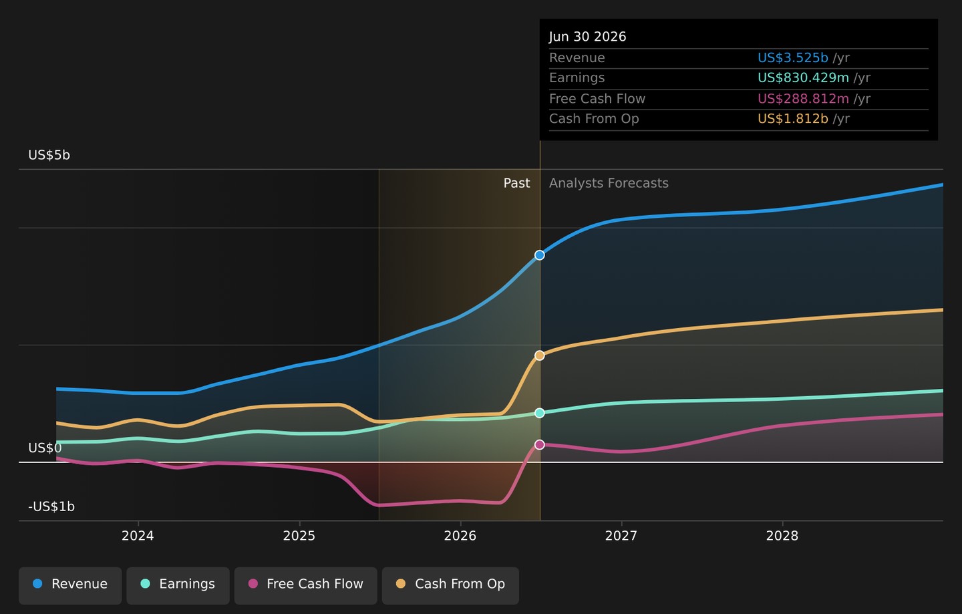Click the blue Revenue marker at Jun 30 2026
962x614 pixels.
pos(539,255)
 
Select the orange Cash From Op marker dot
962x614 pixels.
pos(539,355)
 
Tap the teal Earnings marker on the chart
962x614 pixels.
pos(539,413)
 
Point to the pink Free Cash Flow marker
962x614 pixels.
pos(539,445)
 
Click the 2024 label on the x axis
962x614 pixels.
pos(138,536)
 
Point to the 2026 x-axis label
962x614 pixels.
pos(460,536)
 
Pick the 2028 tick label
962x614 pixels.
pos(782,536)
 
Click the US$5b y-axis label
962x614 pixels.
pos(49,155)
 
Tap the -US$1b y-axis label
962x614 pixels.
pos(51,506)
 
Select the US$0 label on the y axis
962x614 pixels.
pos(45,448)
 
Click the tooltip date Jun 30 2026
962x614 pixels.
pos(587,37)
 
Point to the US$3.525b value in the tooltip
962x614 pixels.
pos(793,57)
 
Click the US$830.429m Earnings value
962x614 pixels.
pos(803,78)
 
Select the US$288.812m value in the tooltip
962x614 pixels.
pos(803,99)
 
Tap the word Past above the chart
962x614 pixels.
pos(516,183)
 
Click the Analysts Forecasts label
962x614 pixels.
pos(609,183)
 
